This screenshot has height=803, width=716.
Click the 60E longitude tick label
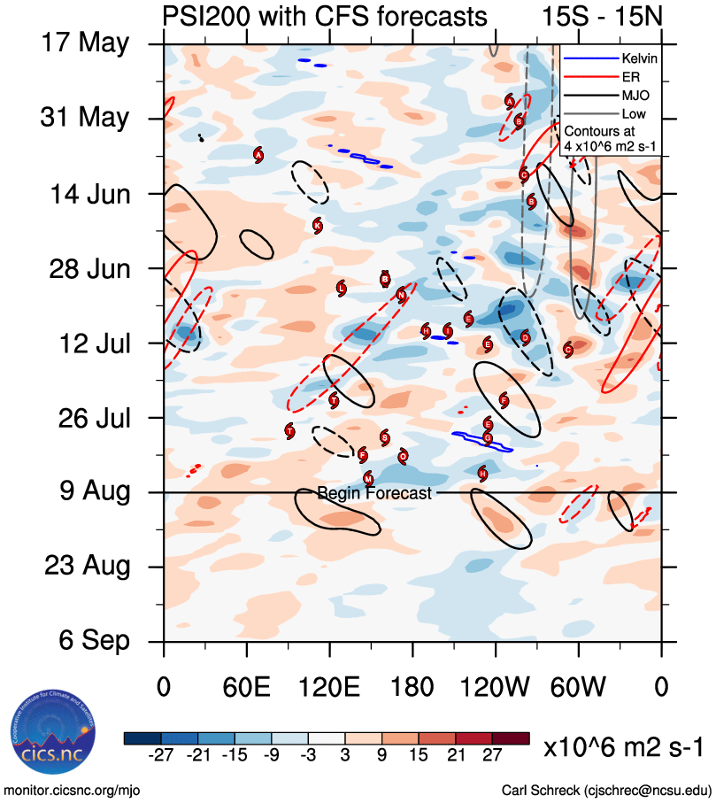pos(246,686)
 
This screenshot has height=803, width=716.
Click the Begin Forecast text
pos(374,493)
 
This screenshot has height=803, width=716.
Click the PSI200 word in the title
pos(204,17)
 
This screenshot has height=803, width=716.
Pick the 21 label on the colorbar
pos(458,754)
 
